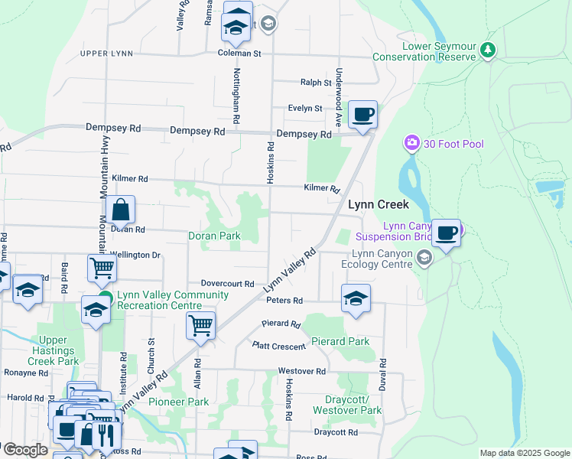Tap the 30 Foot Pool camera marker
click(412, 143)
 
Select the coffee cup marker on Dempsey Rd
click(362, 115)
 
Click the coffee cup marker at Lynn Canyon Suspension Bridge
click(446, 233)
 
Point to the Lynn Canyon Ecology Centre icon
click(424, 260)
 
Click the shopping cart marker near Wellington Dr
click(102, 269)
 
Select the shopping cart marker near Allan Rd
click(200, 326)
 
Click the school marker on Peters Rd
click(356, 298)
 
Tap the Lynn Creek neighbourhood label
click(379, 205)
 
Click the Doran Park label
click(215, 236)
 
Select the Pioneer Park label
click(178, 402)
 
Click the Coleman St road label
click(239, 54)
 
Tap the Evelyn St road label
click(305, 109)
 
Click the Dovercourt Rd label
click(227, 283)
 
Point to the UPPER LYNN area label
click(106, 54)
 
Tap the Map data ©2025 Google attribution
click(524, 453)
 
